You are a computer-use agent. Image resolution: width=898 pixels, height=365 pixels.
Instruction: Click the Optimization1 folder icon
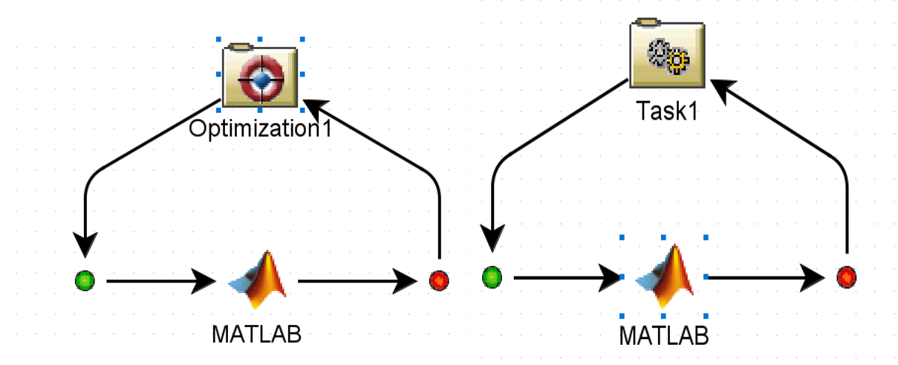pyautogui.click(x=260, y=77)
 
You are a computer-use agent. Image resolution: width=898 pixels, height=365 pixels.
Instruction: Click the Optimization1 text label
pyautogui.click(x=259, y=129)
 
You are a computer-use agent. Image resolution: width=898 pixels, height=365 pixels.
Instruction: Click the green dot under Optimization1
pyautogui.click(x=85, y=280)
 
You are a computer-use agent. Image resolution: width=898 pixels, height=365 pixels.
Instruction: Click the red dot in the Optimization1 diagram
pyautogui.click(x=439, y=280)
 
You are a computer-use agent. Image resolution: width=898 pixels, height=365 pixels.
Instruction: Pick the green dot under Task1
pyautogui.click(x=492, y=277)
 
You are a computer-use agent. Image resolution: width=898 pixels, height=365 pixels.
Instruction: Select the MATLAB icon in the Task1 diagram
pyautogui.click(x=664, y=277)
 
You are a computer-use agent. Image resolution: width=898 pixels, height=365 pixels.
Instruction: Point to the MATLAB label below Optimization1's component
pyautogui.click(x=256, y=334)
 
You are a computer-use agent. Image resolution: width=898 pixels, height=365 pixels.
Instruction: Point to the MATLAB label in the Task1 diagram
pyautogui.click(x=664, y=335)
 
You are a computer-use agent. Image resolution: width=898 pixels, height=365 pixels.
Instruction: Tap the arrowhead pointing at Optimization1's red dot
pyautogui.click(x=408, y=281)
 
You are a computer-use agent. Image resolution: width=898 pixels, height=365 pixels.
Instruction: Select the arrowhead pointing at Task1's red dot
pyautogui.click(x=814, y=278)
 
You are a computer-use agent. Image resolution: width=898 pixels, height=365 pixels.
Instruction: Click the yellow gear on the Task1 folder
pyautogui.click(x=678, y=59)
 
